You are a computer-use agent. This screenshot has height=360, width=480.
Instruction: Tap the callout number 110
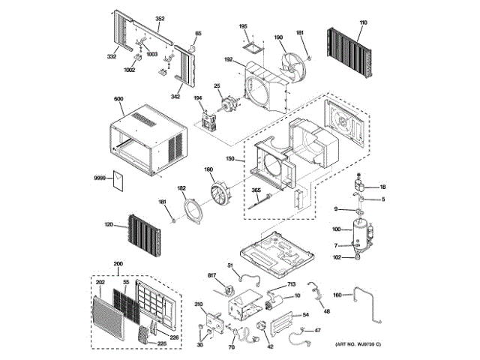pos(363,23)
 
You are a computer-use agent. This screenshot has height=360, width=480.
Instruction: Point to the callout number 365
pos(256,192)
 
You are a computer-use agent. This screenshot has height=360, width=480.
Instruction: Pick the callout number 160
pos(337,295)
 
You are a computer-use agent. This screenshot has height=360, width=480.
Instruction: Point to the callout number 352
pos(159,17)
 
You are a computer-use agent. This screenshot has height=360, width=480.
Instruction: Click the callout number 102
pos(337,258)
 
